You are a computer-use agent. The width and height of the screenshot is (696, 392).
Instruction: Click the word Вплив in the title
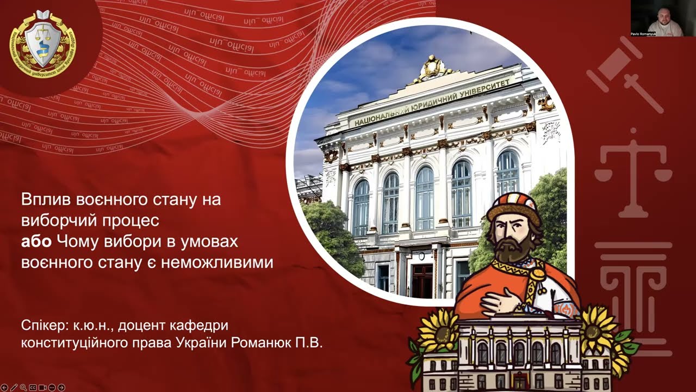pos(41,200)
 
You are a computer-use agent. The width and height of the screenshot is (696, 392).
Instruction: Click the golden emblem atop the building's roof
pos(433,68)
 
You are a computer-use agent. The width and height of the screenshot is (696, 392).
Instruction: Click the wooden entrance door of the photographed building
pos(422,280)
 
